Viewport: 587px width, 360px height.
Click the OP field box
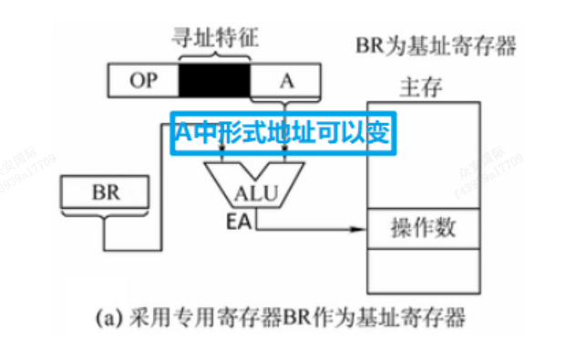[143, 80]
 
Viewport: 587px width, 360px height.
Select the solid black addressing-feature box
[215, 80]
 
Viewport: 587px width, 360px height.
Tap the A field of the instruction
[286, 80]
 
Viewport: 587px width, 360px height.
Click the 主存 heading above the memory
[421, 87]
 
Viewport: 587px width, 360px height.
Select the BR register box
[106, 193]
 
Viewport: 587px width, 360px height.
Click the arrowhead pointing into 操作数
[357, 229]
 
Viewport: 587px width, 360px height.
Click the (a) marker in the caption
[108, 319]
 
